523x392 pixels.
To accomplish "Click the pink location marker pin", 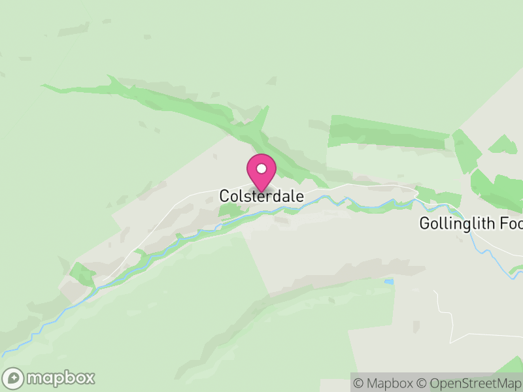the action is point(261,172).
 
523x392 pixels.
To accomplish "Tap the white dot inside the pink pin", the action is point(261,168).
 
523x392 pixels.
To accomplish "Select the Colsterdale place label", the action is point(261,196).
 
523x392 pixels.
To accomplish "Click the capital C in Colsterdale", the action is point(224,196).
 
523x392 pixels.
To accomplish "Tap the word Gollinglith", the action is point(458,224).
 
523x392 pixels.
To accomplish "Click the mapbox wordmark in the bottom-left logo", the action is point(60,378).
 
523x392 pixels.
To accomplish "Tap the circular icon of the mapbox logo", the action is point(14,378).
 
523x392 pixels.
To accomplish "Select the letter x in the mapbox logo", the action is point(89,378).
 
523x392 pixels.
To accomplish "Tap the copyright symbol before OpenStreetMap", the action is point(422,384).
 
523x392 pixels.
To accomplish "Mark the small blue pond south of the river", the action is point(390,282).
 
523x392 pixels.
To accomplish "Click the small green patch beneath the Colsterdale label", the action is point(230,210).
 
